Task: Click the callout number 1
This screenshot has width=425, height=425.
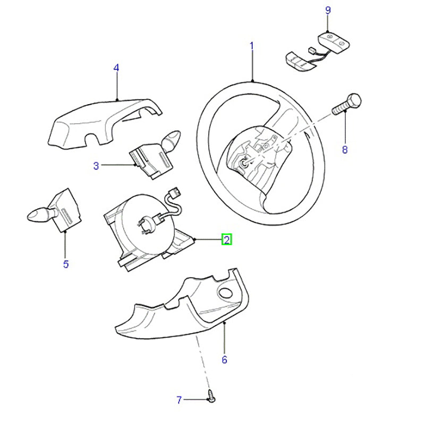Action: tap(252, 47)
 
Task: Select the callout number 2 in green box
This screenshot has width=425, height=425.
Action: tap(226, 240)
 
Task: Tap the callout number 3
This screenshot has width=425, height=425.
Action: tap(96, 166)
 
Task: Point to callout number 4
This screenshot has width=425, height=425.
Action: tap(116, 68)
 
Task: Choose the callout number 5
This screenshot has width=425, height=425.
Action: tap(66, 264)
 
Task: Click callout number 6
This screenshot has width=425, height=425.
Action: tap(224, 360)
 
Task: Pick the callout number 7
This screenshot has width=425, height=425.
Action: tap(179, 400)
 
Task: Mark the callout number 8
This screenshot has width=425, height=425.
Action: tap(344, 150)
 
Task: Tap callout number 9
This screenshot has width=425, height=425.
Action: tap(328, 10)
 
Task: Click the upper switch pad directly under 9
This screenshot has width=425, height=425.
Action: tap(333, 42)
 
